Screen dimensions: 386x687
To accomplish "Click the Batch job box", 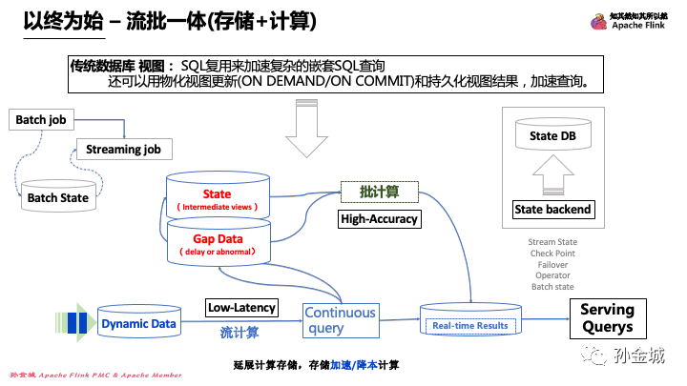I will tap(40, 120).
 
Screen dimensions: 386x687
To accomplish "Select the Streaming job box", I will tap(123, 150).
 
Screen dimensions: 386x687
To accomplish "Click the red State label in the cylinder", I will tap(217, 194).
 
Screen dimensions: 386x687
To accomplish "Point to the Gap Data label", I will tap(217, 239).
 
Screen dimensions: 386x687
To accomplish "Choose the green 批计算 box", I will tap(379, 192).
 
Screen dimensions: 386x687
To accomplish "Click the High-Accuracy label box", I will tap(379, 220).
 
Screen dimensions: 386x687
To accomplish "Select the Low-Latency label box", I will tap(241, 307).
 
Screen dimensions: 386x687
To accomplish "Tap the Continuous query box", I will tap(340, 320).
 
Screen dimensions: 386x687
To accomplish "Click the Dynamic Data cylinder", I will tap(138, 324).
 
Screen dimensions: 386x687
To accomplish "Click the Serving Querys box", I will tap(607, 318).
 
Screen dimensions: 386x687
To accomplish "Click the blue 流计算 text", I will tap(239, 333).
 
